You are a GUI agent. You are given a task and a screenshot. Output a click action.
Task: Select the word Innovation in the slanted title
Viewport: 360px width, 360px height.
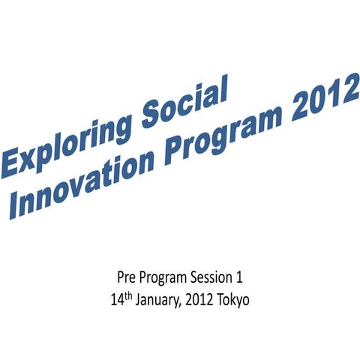click(x=82, y=183)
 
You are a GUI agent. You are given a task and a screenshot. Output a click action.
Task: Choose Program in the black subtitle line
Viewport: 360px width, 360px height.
click(x=167, y=278)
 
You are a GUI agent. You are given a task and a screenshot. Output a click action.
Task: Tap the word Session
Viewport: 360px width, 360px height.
click(x=216, y=278)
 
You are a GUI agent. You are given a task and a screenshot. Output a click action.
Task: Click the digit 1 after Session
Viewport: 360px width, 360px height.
click(x=239, y=278)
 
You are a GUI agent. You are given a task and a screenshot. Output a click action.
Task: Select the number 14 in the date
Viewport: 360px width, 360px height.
click(x=115, y=300)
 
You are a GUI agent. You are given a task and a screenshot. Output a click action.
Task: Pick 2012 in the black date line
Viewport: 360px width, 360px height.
click(x=197, y=300)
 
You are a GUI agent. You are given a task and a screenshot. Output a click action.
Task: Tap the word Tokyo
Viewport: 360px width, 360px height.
click(x=232, y=301)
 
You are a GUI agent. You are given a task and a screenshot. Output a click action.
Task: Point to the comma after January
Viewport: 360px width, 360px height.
click(x=178, y=304)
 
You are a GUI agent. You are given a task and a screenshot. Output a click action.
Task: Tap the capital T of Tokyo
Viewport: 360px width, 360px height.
click(x=217, y=300)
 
